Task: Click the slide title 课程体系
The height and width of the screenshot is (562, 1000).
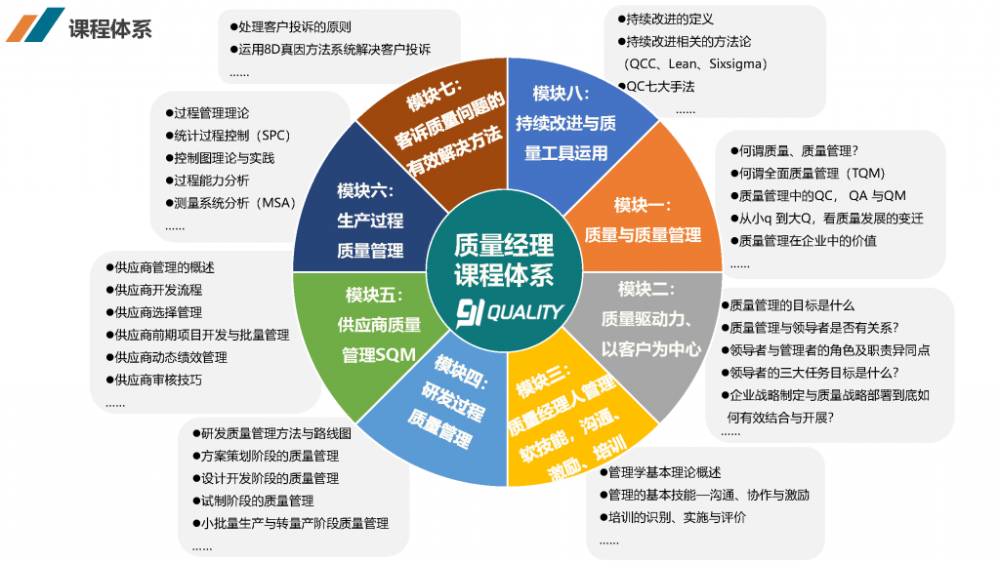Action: click(109, 28)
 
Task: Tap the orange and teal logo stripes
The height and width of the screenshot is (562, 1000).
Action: click(36, 24)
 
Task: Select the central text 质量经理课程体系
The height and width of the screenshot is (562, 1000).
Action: click(504, 260)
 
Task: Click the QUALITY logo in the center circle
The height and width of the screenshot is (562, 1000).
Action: click(510, 313)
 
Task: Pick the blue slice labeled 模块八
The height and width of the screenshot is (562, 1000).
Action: click(567, 128)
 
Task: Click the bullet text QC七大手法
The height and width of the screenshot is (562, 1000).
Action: click(656, 87)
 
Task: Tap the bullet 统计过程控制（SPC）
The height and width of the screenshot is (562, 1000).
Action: click(228, 136)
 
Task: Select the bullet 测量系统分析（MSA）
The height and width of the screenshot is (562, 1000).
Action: click(230, 203)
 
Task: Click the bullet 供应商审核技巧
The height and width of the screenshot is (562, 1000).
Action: click(153, 381)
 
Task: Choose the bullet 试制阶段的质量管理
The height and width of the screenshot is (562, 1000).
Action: click(253, 501)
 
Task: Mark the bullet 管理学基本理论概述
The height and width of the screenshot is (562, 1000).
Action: click(661, 473)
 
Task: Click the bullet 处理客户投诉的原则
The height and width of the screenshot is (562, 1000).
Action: click(291, 26)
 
